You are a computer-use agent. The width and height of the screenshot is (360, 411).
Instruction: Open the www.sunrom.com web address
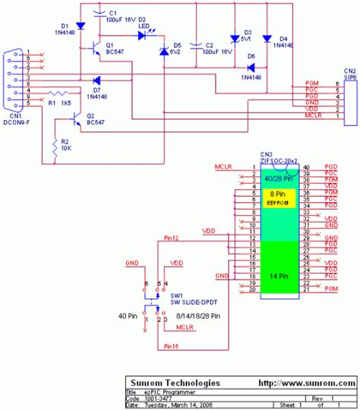(x=311, y=383)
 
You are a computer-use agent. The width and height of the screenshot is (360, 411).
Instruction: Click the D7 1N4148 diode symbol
(x=95, y=80)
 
